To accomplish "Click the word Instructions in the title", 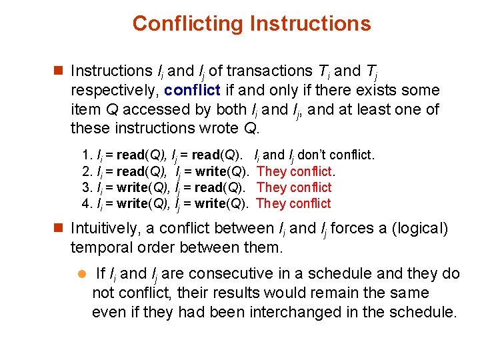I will pos(310,24).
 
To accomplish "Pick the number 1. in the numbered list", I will pos(86,155).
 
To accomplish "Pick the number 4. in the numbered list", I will pos(86,203).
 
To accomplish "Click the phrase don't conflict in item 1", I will pos(336,155).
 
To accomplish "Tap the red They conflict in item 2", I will pos(295,171).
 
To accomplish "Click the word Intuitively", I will pos(106,229).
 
